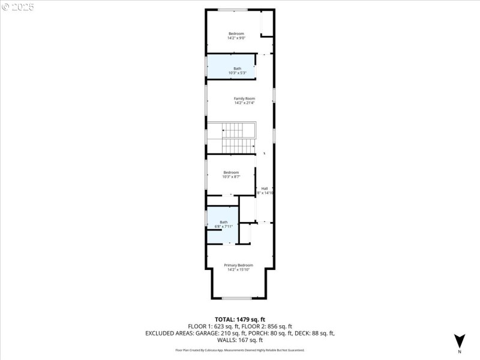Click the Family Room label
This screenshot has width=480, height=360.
pos(244,98)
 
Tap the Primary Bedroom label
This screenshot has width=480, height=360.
pos(238,265)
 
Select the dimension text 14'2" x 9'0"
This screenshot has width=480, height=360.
pos(236,38)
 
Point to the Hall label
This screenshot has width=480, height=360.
pos(264,188)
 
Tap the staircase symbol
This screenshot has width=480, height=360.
pos(238,139)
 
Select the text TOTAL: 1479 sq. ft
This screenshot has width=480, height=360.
pos(240,319)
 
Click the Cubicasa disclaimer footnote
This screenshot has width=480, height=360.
pos(240,350)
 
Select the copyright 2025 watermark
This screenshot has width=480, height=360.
pos(18,7)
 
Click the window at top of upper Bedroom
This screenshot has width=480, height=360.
pos(232,10)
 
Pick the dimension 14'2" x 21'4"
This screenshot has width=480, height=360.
pos(244,103)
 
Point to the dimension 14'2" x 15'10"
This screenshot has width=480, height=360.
pos(238,269)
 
